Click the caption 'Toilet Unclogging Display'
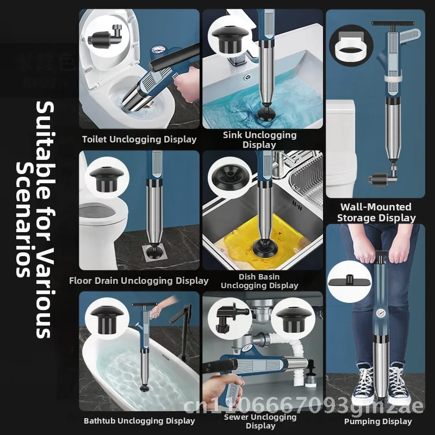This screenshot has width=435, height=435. [x=139, y=139]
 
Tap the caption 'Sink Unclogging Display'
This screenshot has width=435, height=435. [x=259, y=140]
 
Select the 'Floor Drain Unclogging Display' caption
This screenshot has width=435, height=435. [x=139, y=281]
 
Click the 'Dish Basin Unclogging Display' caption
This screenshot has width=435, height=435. [x=259, y=281]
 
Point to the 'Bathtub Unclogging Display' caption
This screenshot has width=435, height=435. [x=139, y=420]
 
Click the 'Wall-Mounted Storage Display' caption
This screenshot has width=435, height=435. [x=376, y=213]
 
